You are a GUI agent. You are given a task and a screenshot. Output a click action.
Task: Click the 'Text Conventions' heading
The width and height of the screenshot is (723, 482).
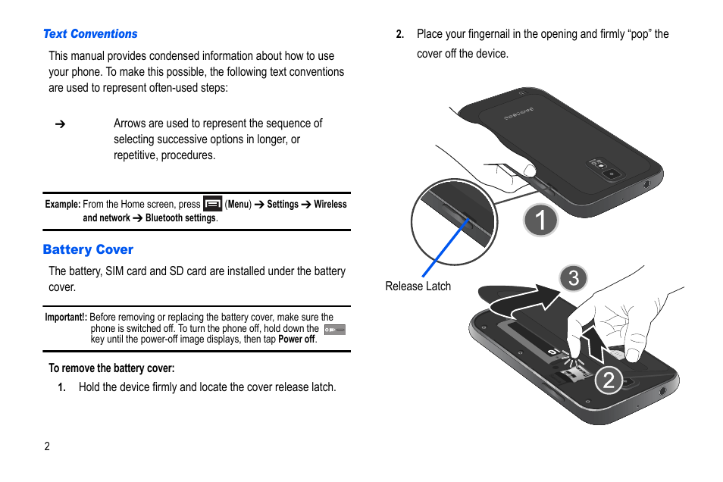point(90,34)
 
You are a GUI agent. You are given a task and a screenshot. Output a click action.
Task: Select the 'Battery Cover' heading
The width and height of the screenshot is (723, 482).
point(88,249)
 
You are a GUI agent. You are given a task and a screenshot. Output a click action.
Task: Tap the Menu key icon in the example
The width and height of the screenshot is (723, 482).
point(213,203)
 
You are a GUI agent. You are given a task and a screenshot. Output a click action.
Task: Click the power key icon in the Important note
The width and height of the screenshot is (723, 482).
point(334,330)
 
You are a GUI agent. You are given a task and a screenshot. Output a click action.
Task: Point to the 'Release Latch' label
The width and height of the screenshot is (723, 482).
point(418,286)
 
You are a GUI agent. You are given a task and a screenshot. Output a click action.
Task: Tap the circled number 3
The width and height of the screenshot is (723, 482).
point(574,278)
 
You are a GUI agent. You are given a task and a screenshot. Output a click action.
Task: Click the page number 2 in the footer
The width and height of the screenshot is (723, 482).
point(47,446)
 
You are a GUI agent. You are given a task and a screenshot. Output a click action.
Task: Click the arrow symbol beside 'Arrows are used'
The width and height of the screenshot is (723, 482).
point(60,124)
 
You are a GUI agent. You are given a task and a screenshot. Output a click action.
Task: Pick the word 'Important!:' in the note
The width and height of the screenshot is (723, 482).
point(66,318)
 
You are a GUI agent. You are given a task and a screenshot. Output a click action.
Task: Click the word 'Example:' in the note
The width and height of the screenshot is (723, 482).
point(63,205)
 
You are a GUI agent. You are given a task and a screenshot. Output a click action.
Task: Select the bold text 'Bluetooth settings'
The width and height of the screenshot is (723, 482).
point(180,218)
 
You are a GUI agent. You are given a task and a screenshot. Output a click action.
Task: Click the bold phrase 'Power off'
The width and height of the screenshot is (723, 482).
point(296,340)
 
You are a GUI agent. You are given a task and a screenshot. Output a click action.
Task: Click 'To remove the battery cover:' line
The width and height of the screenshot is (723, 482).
point(111,368)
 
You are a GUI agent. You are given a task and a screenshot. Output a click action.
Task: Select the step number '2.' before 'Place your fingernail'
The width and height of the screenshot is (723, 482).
point(400,35)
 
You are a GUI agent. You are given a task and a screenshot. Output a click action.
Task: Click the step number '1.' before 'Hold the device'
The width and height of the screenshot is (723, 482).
point(62,388)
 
